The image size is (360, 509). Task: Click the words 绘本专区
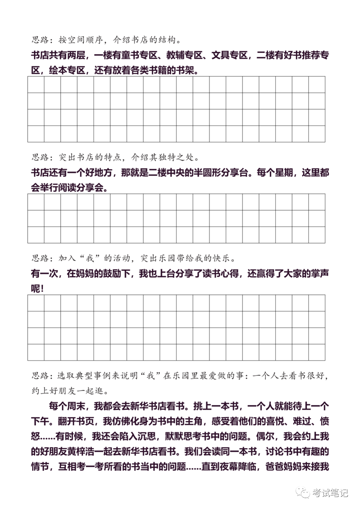[x=67, y=70]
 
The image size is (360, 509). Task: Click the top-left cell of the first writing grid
[x=36, y=85]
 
